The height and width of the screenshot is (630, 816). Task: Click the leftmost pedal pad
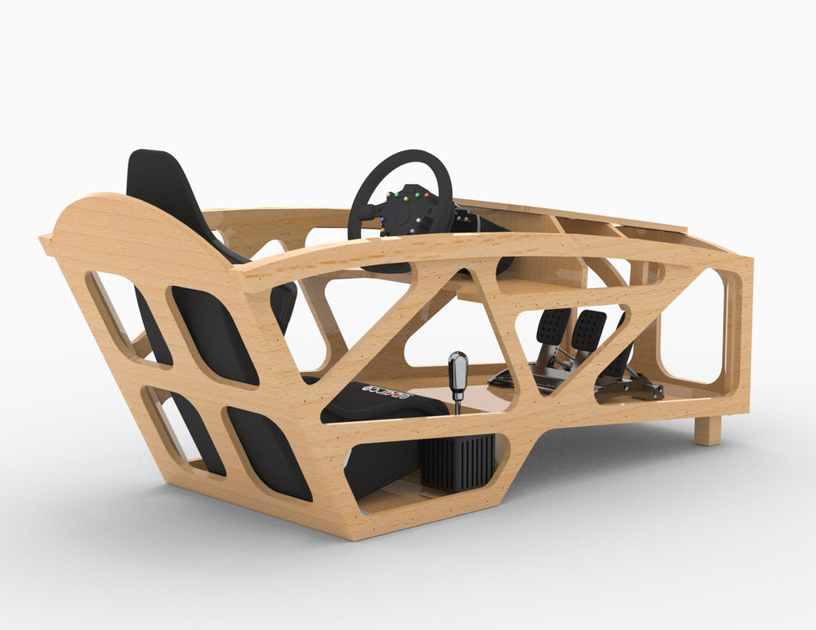coord(553,326)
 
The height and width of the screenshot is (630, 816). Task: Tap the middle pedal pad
coord(588,329)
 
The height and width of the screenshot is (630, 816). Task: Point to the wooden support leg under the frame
coord(707,430)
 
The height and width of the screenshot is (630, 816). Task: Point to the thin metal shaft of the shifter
coord(457,405)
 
